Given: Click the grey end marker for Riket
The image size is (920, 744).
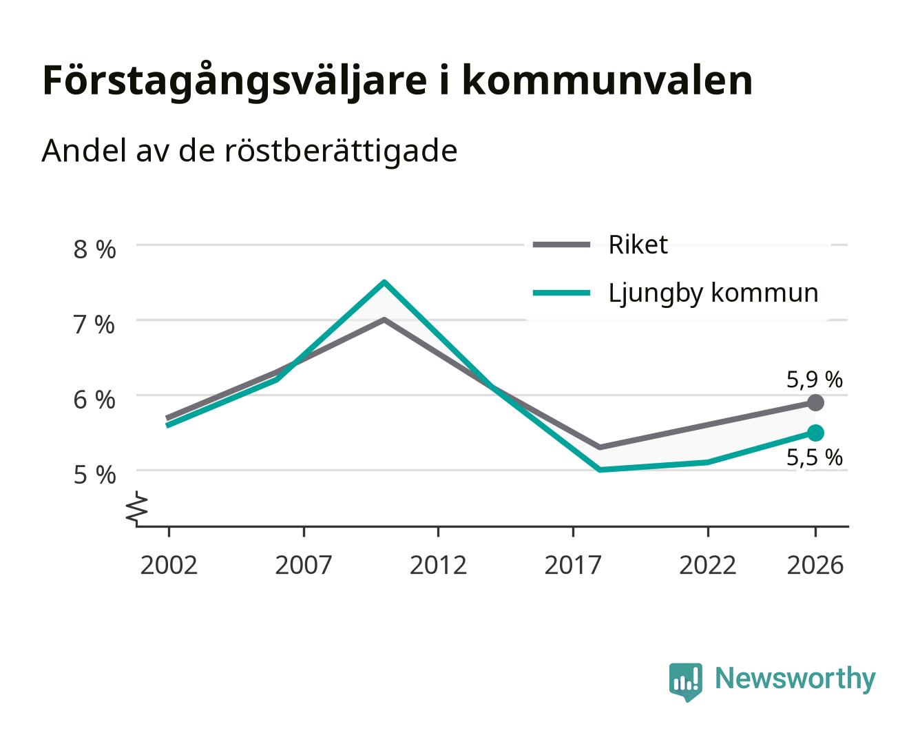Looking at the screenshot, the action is pyautogui.click(x=815, y=403).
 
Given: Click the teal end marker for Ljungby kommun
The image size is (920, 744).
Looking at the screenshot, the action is pyautogui.click(x=815, y=433).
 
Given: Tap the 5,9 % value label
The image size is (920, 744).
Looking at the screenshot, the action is pyautogui.click(x=814, y=380).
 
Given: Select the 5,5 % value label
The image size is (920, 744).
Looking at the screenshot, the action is pyautogui.click(x=814, y=457).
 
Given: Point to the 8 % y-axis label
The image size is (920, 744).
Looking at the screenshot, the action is pyautogui.click(x=94, y=249).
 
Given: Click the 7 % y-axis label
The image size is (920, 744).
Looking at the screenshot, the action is pyautogui.click(x=94, y=324).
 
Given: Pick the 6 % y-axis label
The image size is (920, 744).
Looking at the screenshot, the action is pyautogui.click(x=94, y=400).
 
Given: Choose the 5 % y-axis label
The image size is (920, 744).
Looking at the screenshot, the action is pyautogui.click(x=94, y=475).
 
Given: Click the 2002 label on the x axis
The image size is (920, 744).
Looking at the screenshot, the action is pyautogui.click(x=169, y=565).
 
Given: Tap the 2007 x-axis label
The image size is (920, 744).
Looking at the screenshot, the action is pyautogui.click(x=304, y=565).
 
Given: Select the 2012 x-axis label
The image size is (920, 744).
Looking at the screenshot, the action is pyautogui.click(x=438, y=565).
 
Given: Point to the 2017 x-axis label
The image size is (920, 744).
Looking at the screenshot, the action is pyautogui.click(x=573, y=565).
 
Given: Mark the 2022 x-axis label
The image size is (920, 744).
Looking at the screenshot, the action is pyautogui.click(x=707, y=565).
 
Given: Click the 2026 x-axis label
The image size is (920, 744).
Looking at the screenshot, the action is pyautogui.click(x=815, y=565).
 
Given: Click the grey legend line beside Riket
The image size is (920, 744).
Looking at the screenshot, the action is pyautogui.click(x=561, y=245).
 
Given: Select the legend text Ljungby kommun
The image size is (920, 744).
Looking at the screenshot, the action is pyautogui.click(x=713, y=293).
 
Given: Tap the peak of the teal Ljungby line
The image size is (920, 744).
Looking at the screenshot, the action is pyautogui.click(x=384, y=282).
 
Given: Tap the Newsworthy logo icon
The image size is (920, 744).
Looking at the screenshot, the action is pyautogui.click(x=685, y=681).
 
